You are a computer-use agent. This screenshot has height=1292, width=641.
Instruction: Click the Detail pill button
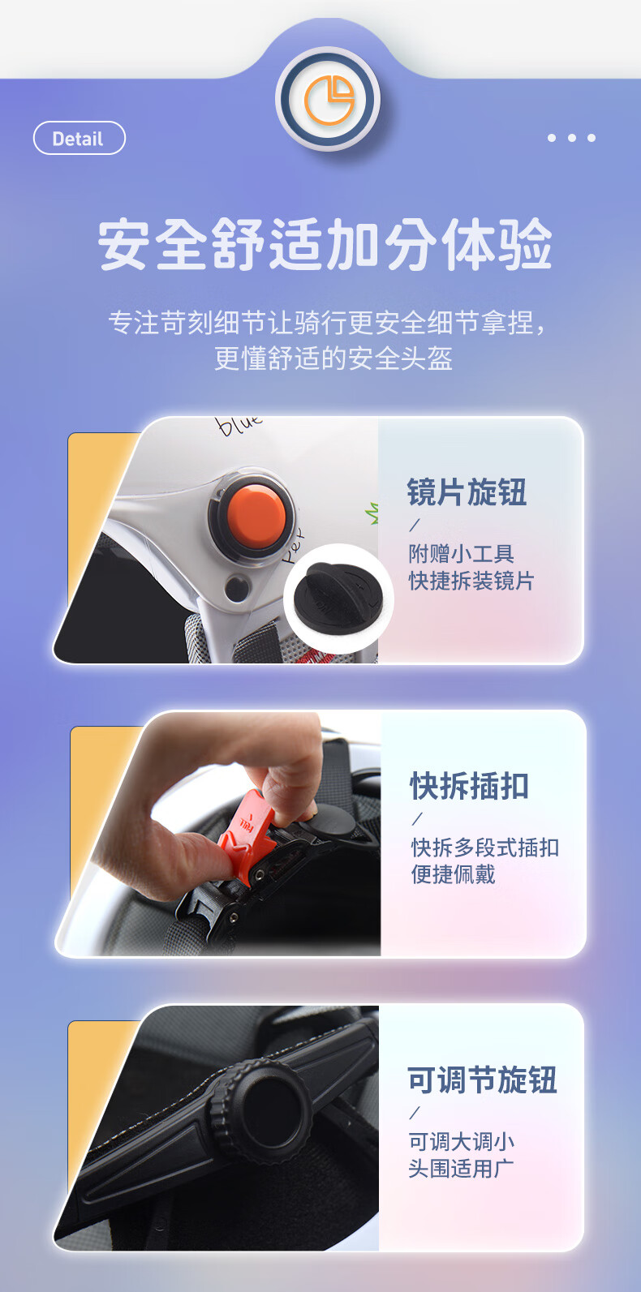click(x=79, y=138)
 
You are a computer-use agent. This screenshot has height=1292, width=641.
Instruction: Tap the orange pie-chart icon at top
click(x=329, y=100)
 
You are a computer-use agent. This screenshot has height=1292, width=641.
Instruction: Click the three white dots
click(x=571, y=138)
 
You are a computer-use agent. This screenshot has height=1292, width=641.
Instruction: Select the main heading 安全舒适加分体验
click(x=325, y=244)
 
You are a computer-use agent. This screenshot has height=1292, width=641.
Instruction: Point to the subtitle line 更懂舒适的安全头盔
click(x=333, y=358)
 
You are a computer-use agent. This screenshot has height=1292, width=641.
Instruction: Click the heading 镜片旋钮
click(x=467, y=492)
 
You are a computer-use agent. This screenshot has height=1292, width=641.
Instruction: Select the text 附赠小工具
click(x=461, y=554)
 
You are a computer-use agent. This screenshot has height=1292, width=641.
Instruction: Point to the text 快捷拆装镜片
click(x=471, y=581)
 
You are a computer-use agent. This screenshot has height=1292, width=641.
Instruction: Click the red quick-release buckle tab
click(x=248, y=831)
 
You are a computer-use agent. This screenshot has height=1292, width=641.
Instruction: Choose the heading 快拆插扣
click(x=470, y=786)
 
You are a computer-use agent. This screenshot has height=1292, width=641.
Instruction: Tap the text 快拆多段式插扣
click(x=485, y=848)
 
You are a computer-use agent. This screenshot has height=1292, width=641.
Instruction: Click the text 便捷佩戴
click(x=453, y=874)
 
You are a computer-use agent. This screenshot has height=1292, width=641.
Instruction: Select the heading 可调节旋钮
click(x=482, y=1080)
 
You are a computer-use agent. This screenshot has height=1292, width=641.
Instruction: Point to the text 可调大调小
click(x=461, y=1141)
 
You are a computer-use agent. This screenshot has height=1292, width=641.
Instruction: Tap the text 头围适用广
click(x=461, y=1168)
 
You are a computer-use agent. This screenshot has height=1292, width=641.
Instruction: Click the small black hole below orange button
click(x=237, y=588)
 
